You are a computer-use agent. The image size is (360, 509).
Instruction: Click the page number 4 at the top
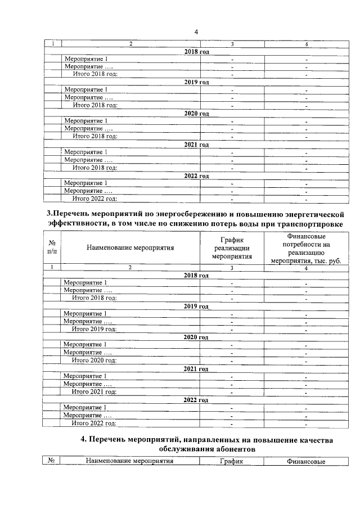point(196,31)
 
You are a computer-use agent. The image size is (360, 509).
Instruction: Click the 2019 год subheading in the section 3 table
point(196,307)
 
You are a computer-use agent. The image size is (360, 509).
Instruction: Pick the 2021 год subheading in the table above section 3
point(196,145)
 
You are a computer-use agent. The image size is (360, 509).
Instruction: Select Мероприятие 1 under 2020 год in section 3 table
point(85,345)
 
